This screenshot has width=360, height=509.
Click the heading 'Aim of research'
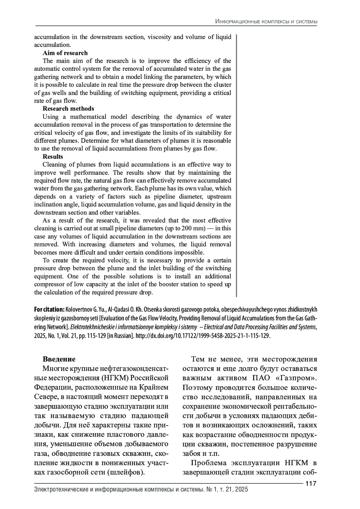(65, 53)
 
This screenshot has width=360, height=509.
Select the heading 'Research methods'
(68, 109)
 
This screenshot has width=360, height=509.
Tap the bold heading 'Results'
(53, 157)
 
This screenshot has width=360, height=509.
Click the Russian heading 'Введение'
(59, 359)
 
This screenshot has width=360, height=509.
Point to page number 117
(311, 484)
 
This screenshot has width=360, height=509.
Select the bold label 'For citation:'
(49, 310)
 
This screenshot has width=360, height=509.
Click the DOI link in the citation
(203, 336)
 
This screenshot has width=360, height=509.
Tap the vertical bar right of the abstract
(236, 165)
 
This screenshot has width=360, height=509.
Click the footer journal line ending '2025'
(141, 490)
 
